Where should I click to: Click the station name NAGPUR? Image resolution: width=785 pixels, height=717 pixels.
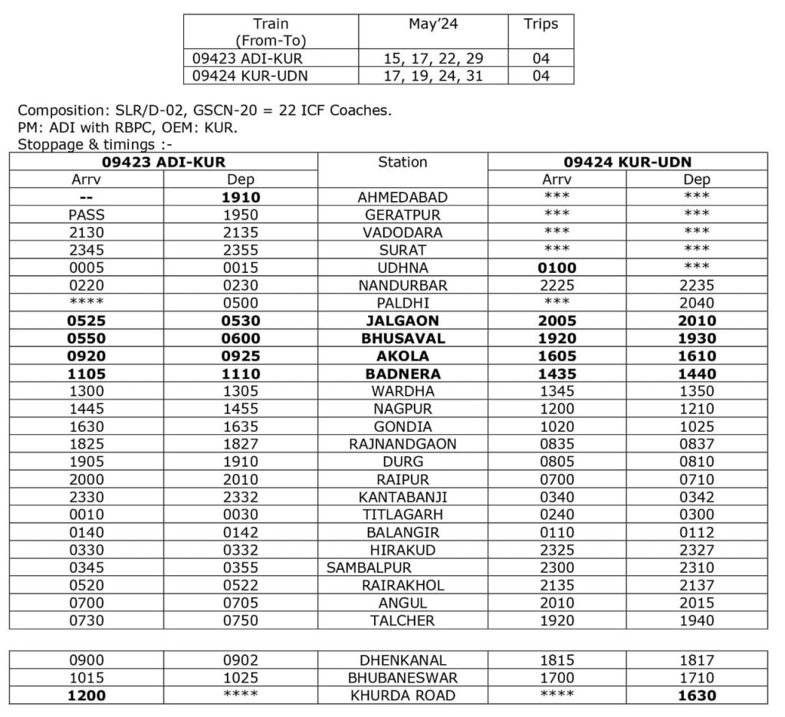click(402, 409)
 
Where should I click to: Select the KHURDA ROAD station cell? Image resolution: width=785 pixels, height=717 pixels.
click(402, 696)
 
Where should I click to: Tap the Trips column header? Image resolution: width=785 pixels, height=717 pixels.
click(540, 24)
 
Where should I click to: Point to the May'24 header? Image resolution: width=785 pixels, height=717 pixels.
click(433, 24)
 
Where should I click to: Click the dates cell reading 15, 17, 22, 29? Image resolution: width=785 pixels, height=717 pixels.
click(433, 58)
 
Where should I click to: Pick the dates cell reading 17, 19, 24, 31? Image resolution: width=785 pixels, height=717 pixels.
click(433, 76)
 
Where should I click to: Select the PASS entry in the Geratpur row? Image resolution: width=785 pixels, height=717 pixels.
click(86, 215)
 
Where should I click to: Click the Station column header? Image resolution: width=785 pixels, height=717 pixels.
click(402, 162)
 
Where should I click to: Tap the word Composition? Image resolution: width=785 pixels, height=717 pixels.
click(57, 110)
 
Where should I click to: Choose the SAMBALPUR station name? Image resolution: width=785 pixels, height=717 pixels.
click(369, 568)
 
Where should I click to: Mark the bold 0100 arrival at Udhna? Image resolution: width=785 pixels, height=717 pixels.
click(557, 268)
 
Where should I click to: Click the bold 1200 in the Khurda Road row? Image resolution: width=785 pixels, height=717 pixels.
click(86, 696)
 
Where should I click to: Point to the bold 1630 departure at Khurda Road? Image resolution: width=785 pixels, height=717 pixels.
click(697, 696)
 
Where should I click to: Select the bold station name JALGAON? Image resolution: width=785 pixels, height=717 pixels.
click(402, 321)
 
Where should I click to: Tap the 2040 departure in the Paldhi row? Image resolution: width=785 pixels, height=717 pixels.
click(697, 303)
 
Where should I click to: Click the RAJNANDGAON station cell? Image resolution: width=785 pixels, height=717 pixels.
click(402, 444)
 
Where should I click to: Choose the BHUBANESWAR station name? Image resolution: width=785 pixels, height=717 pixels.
click(402, 678)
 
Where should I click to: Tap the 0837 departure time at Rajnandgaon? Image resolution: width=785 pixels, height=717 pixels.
click(697, 444)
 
